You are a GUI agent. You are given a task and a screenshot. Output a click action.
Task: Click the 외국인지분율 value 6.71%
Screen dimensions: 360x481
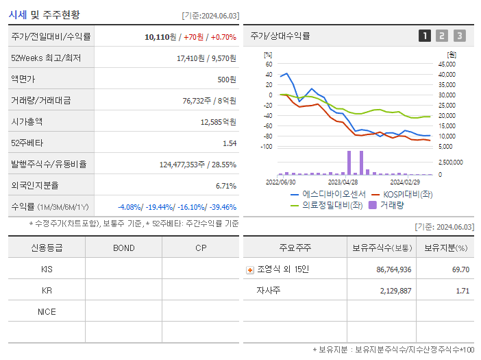click(225, 186)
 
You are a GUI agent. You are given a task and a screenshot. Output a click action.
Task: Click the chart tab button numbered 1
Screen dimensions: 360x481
click(425, 36)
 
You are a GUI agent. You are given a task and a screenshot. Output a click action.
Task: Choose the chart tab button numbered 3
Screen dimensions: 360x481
click(459, 36)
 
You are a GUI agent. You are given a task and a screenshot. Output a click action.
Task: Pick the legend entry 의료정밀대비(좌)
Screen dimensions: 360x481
click(332, 204)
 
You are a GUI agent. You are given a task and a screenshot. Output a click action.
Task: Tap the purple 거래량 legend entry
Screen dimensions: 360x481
click(389, 204)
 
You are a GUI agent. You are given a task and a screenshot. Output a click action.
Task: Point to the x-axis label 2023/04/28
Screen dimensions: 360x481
click(343, 182)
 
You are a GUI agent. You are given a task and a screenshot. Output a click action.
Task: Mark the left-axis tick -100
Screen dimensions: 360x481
click(267, 147)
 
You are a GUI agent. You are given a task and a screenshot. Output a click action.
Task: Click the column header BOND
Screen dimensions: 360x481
click(123, 248)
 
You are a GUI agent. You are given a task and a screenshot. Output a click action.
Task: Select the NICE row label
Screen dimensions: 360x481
click(47, 312)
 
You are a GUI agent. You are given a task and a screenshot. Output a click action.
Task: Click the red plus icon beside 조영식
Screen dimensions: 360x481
click(249, 270)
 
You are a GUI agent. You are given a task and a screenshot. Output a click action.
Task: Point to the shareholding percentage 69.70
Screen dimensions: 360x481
click(460, 269)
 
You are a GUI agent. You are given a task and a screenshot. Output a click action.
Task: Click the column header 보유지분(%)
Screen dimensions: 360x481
click(445, 248)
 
